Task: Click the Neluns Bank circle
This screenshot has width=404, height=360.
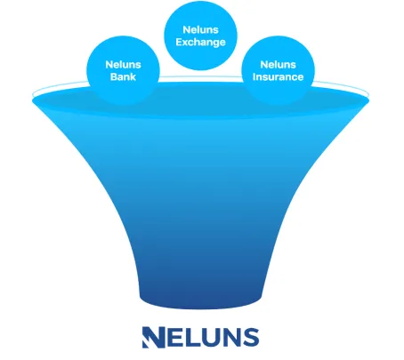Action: pyautogui.click(x=123, y=70)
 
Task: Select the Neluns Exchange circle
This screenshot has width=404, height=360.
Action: pyautogui.click(x=200, y=36)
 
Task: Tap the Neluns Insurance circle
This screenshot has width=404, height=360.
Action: pyautogui.click(x=278, y=70)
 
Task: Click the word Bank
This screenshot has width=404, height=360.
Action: pyautogui.click(x=123, y=76)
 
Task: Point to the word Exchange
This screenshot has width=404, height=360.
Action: pyautogui.click(x=200, y=42)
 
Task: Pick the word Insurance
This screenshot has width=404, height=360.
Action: pyautogui.click(x=278, y=76)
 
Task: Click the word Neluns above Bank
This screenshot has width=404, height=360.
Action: pyautogui.click(x=123, y=64)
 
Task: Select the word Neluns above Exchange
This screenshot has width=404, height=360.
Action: pyautogui.click(x=200, y=29)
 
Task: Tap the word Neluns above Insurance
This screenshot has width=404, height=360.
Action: pyautogui.click(x=278, y=64)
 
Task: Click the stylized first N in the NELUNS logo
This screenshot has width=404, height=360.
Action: pyautogui.click(x=153, y=337)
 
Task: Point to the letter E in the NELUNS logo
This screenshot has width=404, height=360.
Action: pyautogui.click(x=175, y=337)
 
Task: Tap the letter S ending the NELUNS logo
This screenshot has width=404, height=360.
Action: pyautogui.click(x=251, y=337)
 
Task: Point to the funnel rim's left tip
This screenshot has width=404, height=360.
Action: pyautogui.click(x=32, y=101)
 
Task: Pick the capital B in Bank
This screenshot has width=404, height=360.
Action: pyautogui.click(x=114, y=76)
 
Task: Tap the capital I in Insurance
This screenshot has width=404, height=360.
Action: pyautogui.click(x=254, y=76)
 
